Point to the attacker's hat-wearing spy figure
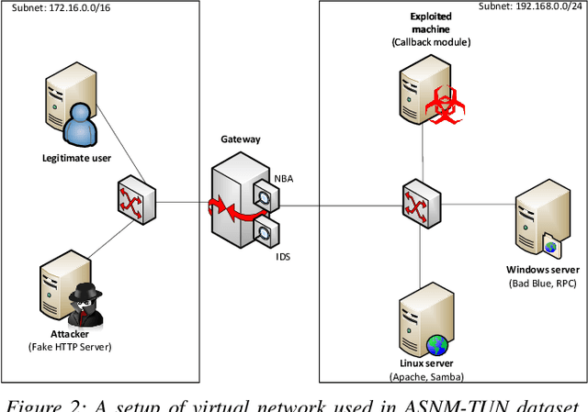click(85, 305)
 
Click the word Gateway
click(240, 139)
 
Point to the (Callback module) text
click(430, 43)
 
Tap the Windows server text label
click(542, 270)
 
